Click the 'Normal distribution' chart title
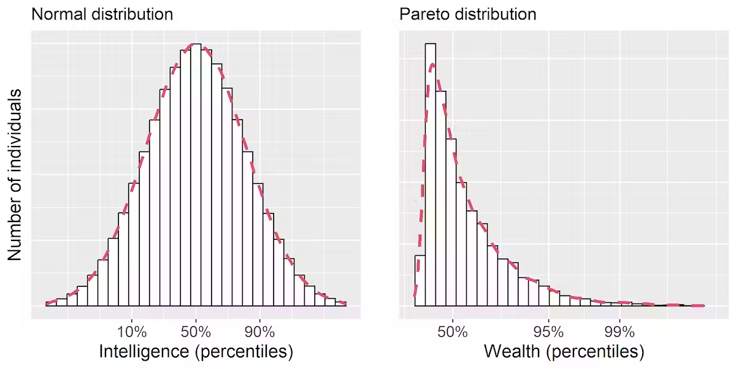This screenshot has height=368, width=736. coord(102,13)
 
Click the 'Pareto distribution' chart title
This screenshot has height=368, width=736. coord(468,13)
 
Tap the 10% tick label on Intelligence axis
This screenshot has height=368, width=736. coord(132,332)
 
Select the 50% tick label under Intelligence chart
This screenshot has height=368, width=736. coord(196,332)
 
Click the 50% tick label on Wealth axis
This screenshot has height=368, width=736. coord(453,332)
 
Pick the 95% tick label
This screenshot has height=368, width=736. coord(549,332)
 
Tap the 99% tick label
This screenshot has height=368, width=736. coord(620,332)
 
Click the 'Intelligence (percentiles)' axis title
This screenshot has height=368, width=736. coord(196,351)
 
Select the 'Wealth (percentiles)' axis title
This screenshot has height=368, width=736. coord(564,351)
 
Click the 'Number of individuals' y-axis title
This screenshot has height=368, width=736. coord(15,175)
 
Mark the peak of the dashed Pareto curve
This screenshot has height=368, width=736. coord(432,64)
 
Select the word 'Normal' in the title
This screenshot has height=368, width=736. coord(59,13)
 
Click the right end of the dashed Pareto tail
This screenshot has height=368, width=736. coord(703,305)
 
